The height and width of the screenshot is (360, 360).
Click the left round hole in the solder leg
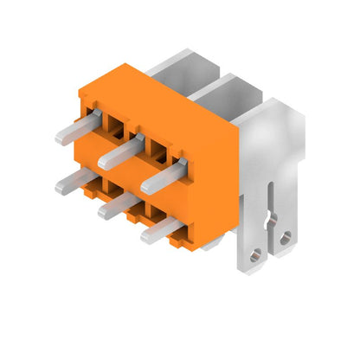tap(254, 256)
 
